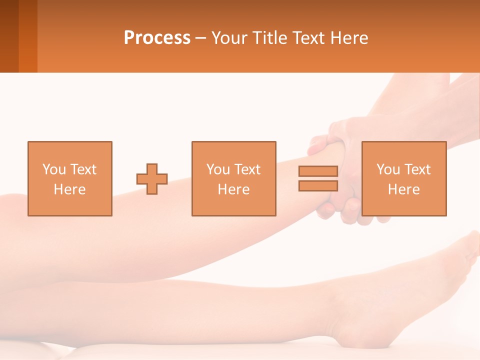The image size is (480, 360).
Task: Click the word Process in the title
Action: click(157, 37)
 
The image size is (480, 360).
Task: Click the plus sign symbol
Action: click(152, 179)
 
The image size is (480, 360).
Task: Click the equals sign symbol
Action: click(318, 178)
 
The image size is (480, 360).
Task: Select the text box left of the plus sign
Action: click(70, 178)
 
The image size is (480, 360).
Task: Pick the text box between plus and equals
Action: click(233, 178)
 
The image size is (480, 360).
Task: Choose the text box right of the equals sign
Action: click(403, 178)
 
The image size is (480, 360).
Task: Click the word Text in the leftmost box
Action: click(83, 169)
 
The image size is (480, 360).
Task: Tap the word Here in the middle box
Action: click(233, 189)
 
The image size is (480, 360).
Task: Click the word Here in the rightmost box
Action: click(403, 189)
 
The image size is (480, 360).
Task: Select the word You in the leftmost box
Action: click(54, 169)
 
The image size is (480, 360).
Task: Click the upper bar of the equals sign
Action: click(318, 171)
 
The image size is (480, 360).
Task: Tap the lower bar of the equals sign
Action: click(318, 186)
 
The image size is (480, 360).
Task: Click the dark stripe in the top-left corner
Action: click(9, 36)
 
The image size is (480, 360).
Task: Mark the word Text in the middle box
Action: click(247, 169)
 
